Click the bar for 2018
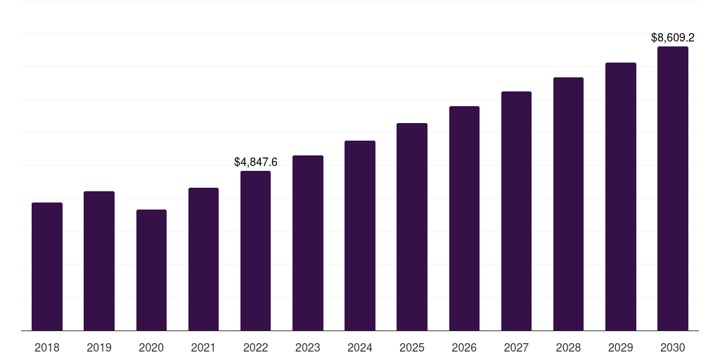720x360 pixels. click(x=47, y=266)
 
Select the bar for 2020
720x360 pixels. click(x=151, y=270)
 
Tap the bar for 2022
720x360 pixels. click(x=255, y=250)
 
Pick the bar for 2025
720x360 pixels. click(x=412, y=226)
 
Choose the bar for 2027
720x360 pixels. click(x=516, y=211)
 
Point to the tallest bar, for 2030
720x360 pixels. click(x=672, y=188)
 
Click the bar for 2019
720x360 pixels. click(x=99, y=261)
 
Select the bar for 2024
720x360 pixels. click(x=360, y=236)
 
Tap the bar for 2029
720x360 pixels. click(x=620, y=196)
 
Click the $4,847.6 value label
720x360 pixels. click(x=256, y=162)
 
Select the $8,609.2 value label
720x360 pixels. click(x=673, y=37)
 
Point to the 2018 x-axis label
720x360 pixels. click(x=47, y=347)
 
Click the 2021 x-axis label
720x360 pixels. click(x=203, y=347)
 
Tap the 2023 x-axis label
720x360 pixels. click(x=308, y=347)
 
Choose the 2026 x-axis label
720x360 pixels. click(x=464, y=347)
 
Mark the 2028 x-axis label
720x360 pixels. click(x=568, y=347)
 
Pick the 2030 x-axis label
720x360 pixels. click(x=672, y=347)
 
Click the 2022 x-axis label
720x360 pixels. click(x=255, y=347)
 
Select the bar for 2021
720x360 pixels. click(x=203, y=259)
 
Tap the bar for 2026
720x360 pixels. click(x=464, y=218)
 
